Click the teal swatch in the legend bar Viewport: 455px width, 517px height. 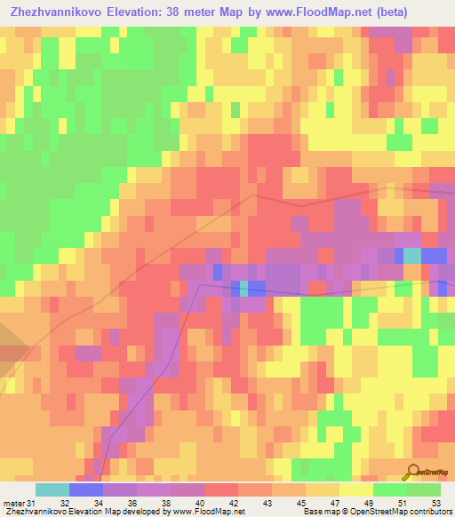tap(52, 489)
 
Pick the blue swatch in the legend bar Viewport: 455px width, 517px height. tap(86, 489)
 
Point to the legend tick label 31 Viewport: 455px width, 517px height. tap(33, 503)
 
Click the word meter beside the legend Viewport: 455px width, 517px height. tap(13, 503)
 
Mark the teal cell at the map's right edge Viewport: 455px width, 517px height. tap(412, 256)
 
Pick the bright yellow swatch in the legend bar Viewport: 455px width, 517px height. tap(356, 489)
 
